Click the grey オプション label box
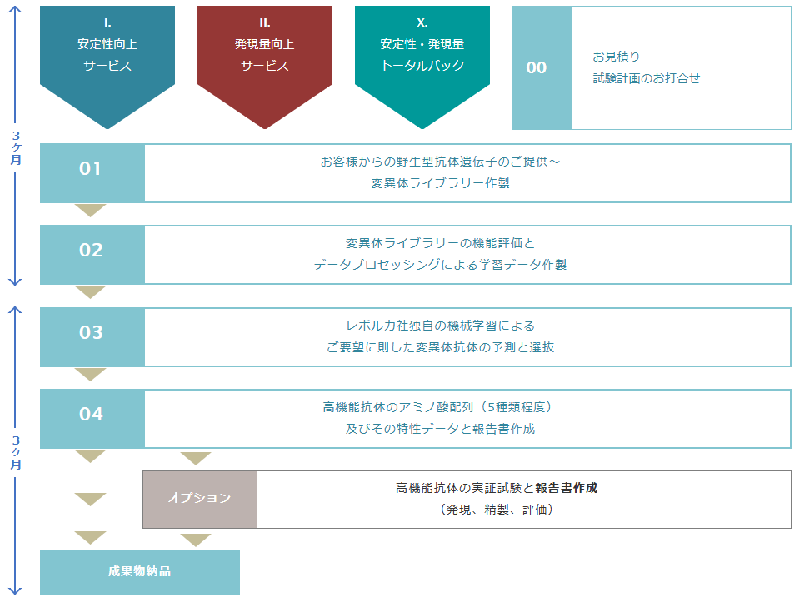coord(199,499)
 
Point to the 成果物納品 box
coord(139,572)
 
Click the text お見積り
coord(616,57)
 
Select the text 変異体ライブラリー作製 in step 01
coord(440,183)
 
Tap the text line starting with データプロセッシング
coord(440,265)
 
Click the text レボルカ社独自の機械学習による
coord(440,326)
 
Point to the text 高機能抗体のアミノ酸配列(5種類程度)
coord(440,407)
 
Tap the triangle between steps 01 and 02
coord(91,210)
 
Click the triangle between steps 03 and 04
coord(91,374)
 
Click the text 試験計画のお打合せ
coord(647,78)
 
